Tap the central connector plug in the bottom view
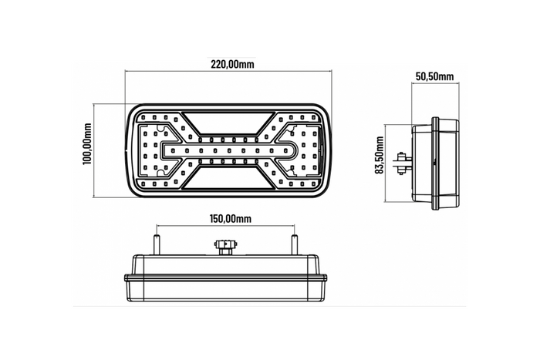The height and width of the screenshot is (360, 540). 225,247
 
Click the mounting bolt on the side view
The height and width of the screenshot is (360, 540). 403,161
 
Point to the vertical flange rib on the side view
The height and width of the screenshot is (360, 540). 435,161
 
